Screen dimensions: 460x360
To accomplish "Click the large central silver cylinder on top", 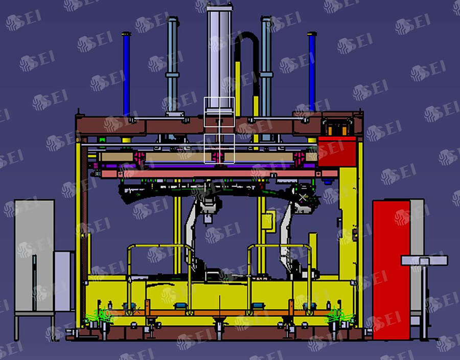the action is click(219, 59).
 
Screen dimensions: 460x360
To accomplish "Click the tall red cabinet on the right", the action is click(391, 270).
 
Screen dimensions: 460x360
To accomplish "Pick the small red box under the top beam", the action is click(337, 151).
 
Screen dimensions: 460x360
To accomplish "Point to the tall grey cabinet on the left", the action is click(34, 255).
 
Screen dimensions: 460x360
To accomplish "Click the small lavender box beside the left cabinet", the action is click(64, 281).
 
